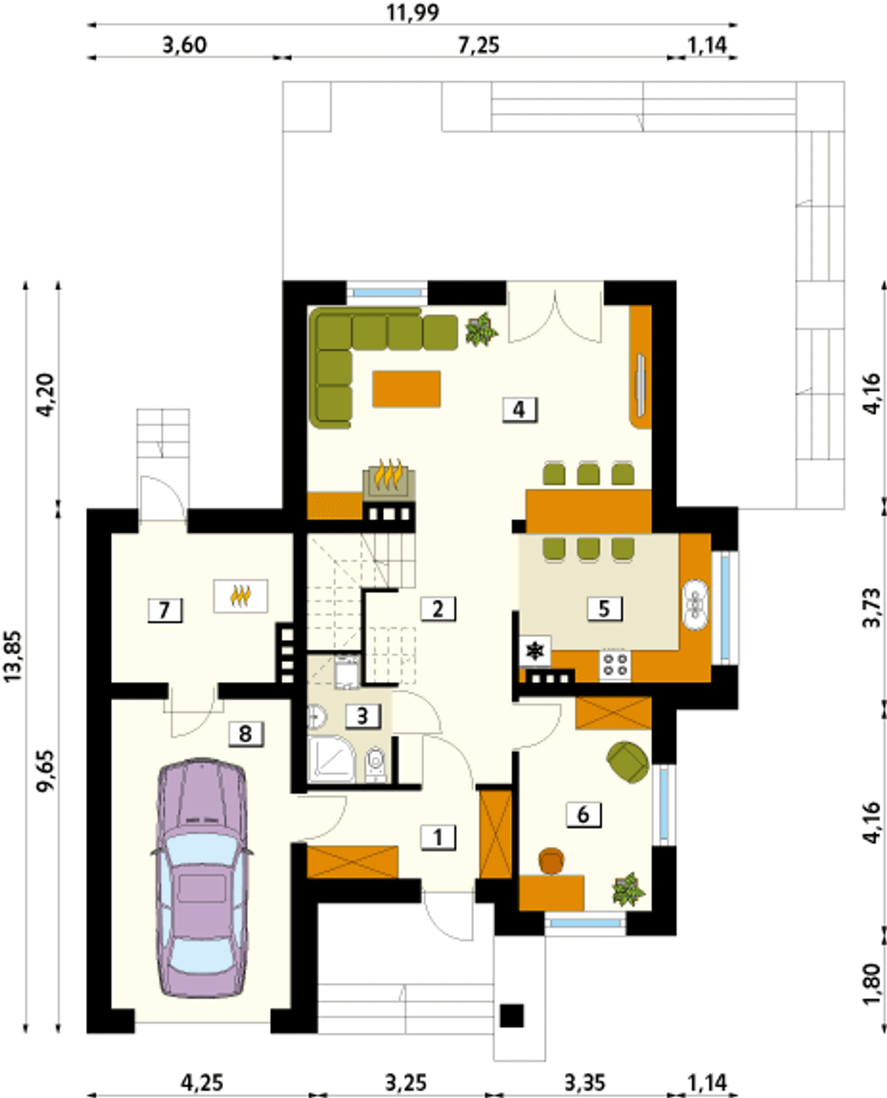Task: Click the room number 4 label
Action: (520, 410)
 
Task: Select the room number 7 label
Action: (165, 611)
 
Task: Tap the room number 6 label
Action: (583, 814)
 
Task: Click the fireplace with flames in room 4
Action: (389, 480)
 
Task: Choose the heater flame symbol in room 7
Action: (240, 596)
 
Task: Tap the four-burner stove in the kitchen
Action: (615, 664)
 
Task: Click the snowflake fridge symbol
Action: (535, 651)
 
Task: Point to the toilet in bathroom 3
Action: (376, 764)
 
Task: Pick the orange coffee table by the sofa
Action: (407, 389)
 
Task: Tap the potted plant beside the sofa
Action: (482, 329)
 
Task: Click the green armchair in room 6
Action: (628, 762)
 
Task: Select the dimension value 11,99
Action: (413, 12)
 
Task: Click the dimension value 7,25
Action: (479, 46)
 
